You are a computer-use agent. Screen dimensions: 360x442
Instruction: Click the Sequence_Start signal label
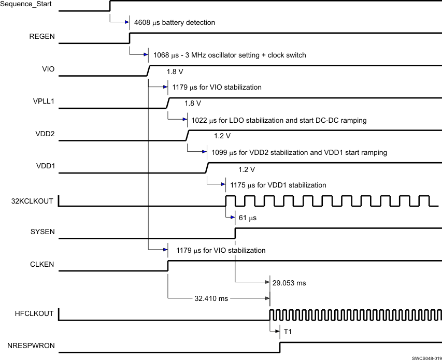tap(29, 5)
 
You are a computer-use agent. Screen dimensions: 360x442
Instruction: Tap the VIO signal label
tap(48, 69)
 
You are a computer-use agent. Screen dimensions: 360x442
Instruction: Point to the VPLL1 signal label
tap(43, 102)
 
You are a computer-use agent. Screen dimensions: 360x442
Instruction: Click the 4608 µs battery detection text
tap(174, 23)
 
